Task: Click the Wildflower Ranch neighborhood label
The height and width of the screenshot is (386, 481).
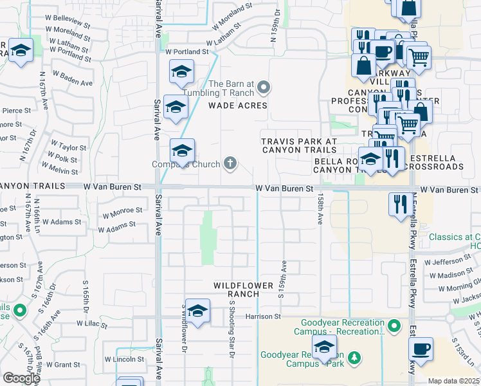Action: tap(237, 289)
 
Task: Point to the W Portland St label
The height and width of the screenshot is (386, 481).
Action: tap(187, 51)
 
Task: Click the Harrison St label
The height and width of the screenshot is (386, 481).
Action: tap(263, 317)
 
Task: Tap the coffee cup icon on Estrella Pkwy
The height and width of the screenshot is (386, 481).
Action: tap(421, 349)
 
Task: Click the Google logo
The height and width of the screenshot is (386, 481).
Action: tap(21, 378)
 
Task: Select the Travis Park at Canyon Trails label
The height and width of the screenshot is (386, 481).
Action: tap(299, 145)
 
